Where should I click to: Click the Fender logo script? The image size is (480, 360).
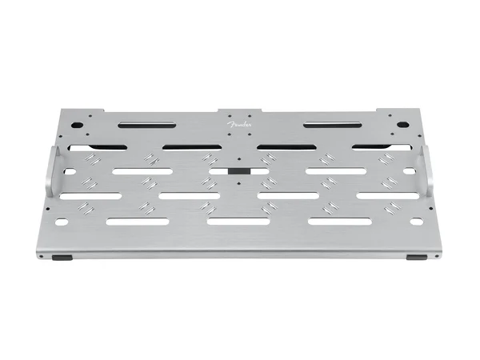point(239,124)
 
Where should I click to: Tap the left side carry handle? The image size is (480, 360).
point(54,171)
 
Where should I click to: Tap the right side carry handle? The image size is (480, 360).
point(427,171)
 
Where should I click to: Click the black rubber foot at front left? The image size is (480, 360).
point(62,258)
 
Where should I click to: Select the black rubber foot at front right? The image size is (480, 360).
point(416,258)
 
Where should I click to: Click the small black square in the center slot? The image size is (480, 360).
point(239,171)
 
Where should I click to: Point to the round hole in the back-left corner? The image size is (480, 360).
point(78,125)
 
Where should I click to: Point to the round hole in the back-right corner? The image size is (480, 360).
point(402,125)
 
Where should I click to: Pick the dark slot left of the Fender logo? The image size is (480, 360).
point(147,125)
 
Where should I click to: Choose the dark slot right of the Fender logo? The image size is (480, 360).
point(332,125)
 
